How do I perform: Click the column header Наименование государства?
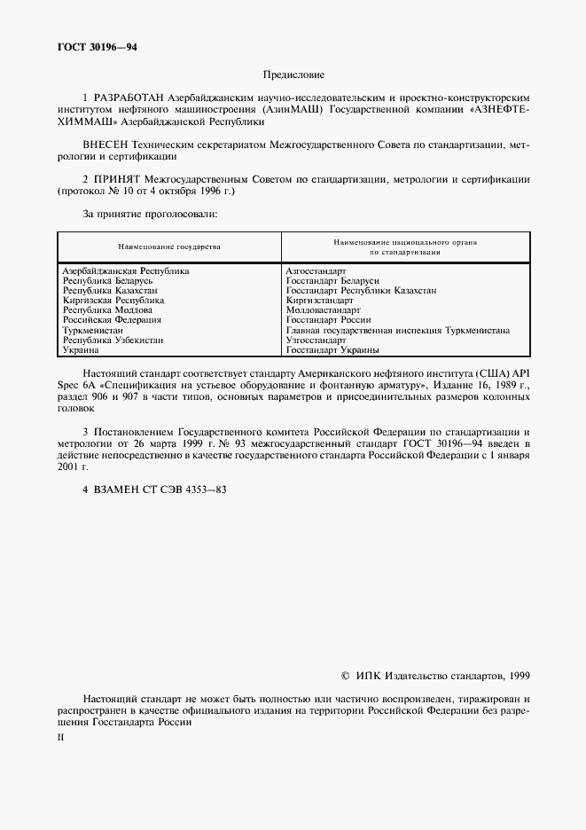[168, 247]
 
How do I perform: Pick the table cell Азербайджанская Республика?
[126, 270]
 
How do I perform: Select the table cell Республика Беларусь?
[108, 280]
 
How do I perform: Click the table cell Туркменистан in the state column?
[92, 330]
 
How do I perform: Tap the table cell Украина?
[81, 350]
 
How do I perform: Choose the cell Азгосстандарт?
[316, 270]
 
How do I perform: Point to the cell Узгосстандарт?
[316, 341]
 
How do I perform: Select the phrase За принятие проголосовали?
[150, 214]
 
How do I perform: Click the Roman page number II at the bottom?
[59, 736]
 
